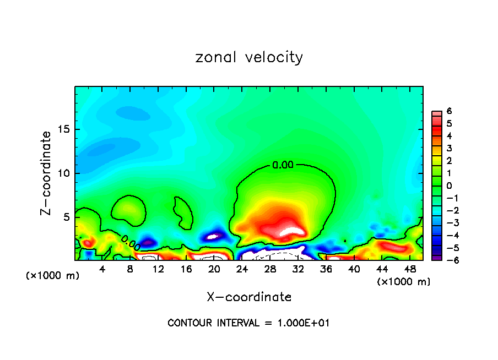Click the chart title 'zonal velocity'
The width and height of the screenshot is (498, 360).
click(x=249, y=57)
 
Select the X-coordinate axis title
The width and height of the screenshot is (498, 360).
click(x=249, y=297)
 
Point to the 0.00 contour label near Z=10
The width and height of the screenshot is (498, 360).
click(x=283, y=164)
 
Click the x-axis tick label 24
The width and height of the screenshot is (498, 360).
click(x=242, y=269)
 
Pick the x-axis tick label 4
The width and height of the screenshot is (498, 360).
click(x=102, y=269)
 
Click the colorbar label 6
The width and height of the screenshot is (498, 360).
click(x=449, y=111)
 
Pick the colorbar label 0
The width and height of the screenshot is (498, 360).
click(x=449, y=186)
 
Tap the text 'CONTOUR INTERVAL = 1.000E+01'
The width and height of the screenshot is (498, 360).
click(x=248, y=323)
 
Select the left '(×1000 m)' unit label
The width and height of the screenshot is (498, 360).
click(x=53, y=276)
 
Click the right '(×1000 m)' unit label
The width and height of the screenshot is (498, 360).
click(x=404, y=282)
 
